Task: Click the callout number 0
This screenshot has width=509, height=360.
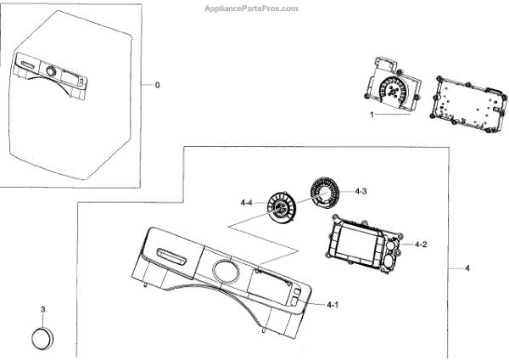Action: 156,85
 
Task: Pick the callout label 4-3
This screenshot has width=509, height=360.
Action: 361,192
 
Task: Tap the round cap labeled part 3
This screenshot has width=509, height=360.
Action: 42,336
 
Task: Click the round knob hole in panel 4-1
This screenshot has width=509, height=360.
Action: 224,273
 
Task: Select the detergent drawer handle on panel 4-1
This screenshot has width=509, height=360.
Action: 172,252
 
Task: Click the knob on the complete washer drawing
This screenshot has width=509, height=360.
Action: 52,72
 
